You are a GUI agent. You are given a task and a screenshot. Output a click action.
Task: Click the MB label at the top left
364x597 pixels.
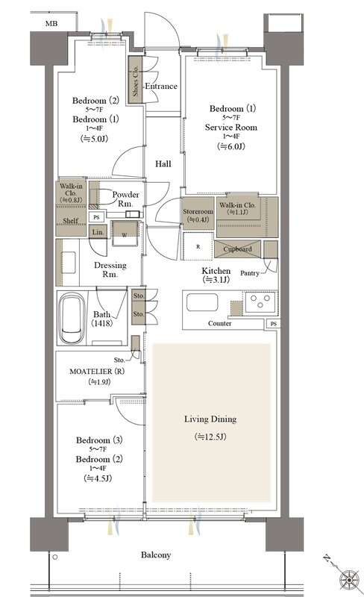(x=51, y=24)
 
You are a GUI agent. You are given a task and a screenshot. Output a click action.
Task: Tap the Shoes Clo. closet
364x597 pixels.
(x=135, y=80)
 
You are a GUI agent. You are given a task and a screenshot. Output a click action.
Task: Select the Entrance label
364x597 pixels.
(x=161, y=87)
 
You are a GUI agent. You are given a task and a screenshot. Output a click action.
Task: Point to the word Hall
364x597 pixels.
(x=163, y=164)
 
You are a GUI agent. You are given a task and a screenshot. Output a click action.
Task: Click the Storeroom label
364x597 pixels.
(x=198, y=212)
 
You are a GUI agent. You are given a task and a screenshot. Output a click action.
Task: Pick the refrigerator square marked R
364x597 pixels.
(x=198, y=246)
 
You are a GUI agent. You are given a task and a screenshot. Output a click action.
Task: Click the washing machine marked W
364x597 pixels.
(x=125, y=234)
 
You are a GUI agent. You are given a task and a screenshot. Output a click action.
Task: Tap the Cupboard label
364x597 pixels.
(x=238, y=249)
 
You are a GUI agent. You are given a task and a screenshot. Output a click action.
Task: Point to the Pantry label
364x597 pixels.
(x=250, y=273)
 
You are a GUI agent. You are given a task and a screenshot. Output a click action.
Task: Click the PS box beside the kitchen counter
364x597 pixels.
(x=274, y=324)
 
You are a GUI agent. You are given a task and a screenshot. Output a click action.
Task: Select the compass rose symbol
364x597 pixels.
(x=349, y=580)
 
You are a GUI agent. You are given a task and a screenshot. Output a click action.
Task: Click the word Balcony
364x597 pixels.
(x=156, y=555)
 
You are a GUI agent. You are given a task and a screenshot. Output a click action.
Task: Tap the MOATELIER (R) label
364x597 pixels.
(x=97, y=371)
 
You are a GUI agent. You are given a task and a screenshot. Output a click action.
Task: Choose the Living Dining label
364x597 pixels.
(x=210, y=419)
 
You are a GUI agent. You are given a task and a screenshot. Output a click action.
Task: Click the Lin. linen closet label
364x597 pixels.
(x=98, y=232)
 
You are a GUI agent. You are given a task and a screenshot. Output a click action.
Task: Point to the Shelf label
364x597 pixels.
(x=70, y=220)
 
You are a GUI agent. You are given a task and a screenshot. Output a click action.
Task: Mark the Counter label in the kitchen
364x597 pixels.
(x=220, y=323)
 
